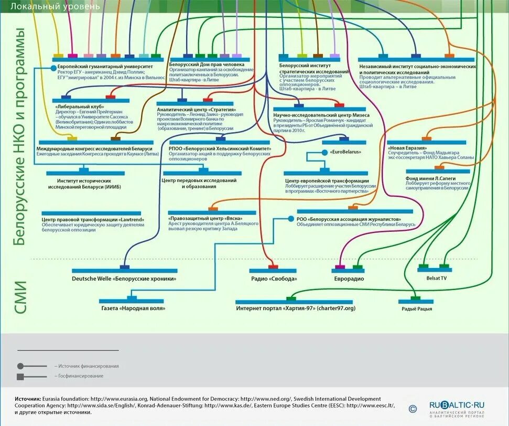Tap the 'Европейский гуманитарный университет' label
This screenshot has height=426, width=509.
click(105, 67)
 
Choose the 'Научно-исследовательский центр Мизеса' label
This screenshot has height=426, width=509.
click(321, 115)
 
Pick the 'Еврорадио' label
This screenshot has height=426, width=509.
click(349, 279)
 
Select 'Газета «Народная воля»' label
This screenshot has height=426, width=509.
click(133, 308)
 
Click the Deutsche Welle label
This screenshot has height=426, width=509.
click(124, 279)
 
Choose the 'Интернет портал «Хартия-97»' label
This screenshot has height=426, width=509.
click(295, 308)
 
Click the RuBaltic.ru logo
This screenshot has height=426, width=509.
click(457, 405)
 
